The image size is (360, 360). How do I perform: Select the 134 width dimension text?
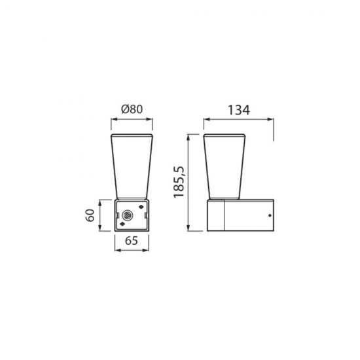coord(240,109)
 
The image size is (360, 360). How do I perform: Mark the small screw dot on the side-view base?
coord(269,215)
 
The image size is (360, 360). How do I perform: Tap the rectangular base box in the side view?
coord(240,215)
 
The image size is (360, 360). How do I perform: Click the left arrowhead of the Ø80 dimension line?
coord(110,120)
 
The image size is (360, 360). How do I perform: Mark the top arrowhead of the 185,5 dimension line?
coord(190,136)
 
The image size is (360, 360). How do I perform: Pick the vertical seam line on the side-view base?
coord(225,215)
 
